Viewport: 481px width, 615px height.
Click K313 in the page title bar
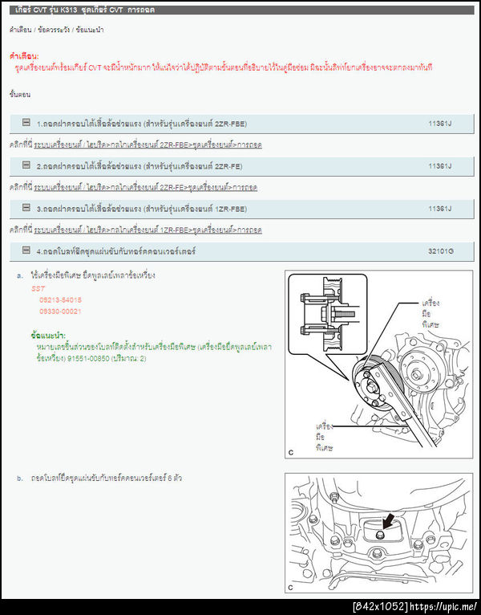72,10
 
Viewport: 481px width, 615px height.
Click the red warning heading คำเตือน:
24,57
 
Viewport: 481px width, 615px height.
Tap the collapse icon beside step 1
26,123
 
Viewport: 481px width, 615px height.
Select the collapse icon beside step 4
26,250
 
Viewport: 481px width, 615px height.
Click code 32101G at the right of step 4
440,251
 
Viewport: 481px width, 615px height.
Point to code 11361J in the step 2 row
440,166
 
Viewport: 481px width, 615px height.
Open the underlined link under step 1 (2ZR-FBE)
148,145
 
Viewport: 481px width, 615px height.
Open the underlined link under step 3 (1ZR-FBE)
148,230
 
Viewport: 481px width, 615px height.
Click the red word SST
38,287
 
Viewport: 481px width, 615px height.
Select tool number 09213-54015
60,299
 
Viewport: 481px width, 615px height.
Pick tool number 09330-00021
60,311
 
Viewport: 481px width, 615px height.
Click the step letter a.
19,275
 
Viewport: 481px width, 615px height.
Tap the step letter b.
19,479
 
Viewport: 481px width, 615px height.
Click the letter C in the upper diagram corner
291,453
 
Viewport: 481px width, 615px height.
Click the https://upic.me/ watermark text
445,606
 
